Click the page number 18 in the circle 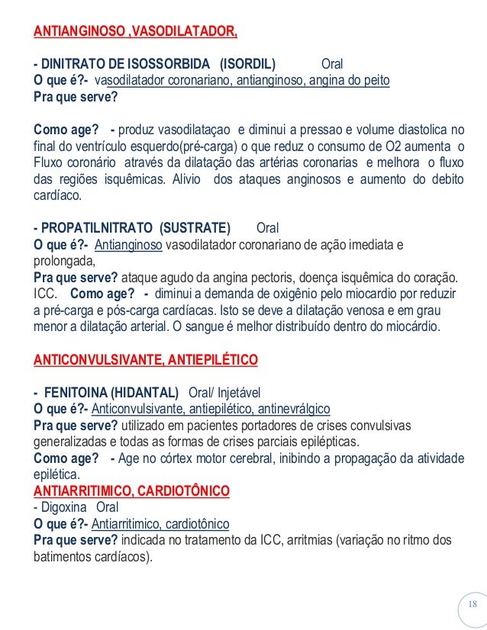[471, 605]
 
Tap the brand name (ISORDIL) [248, 63]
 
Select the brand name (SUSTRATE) [195, 228]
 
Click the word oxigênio [268, 294]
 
